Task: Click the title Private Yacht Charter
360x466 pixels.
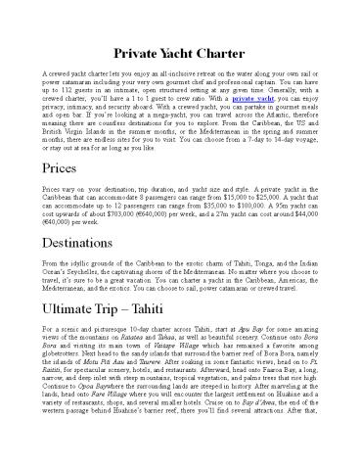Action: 179,49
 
